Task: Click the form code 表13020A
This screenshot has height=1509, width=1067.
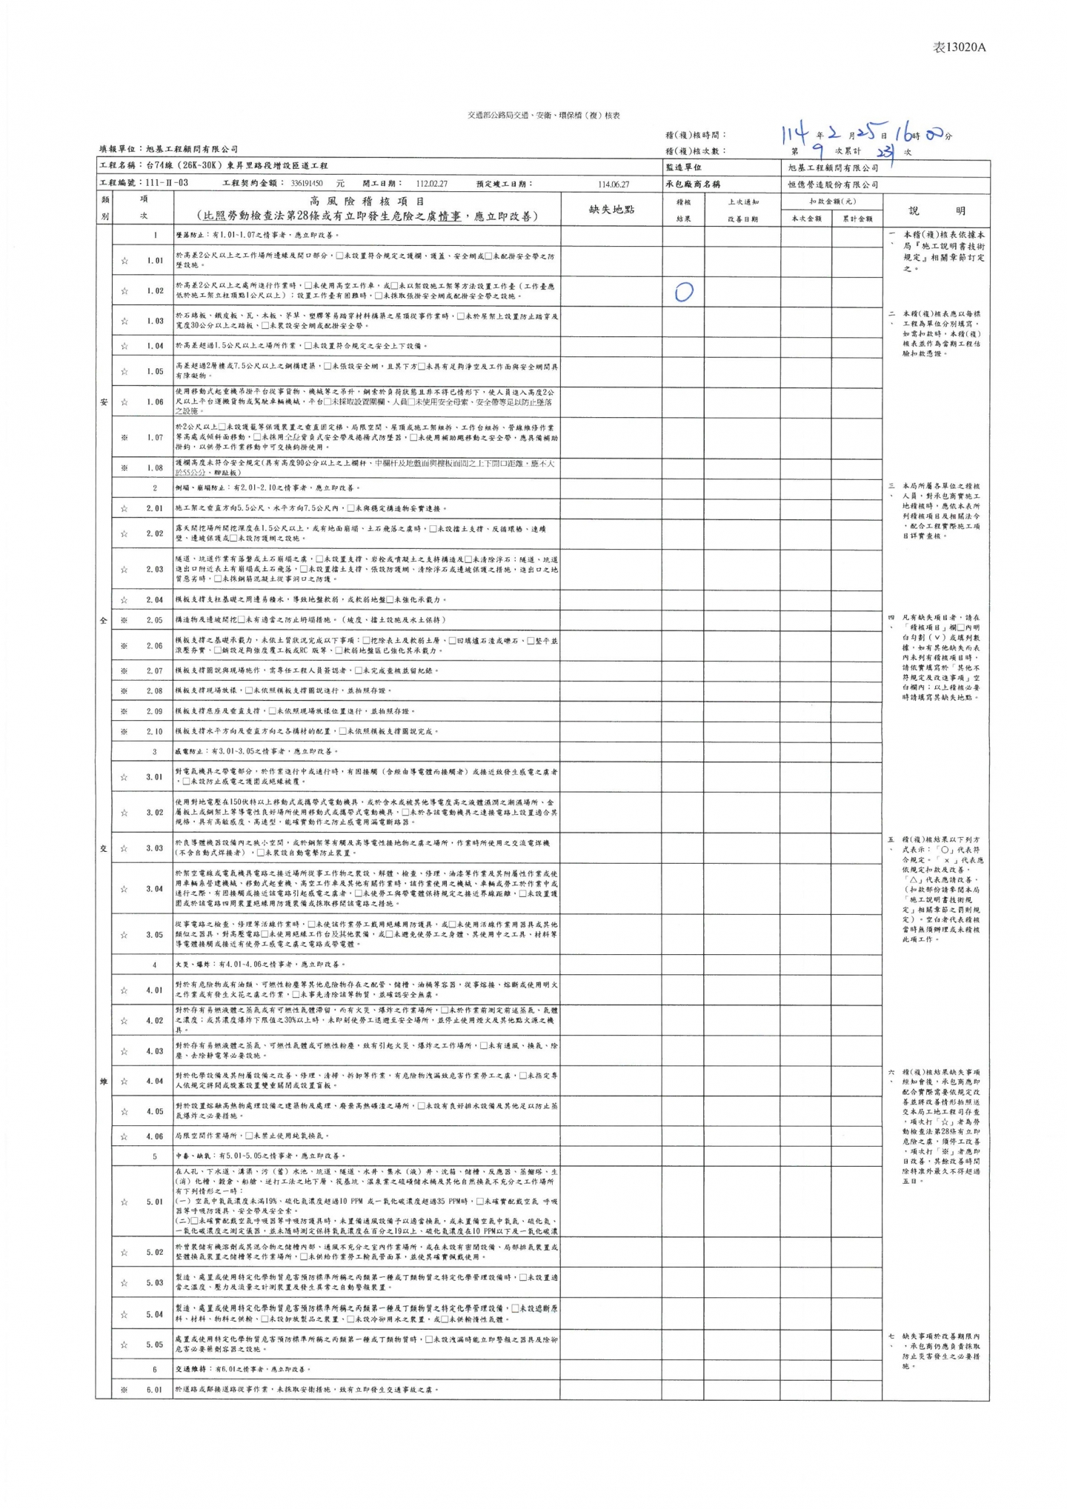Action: [959, 47]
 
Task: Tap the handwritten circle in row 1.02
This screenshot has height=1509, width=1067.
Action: [683, 293]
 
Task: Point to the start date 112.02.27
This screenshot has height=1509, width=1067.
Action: [432, 184]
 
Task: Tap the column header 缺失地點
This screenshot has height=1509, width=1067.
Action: [611, 210]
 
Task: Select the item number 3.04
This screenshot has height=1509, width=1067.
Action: [154, 888]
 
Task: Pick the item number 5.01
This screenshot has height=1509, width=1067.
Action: [154, 1202]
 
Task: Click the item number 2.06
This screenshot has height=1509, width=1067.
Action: [154, 646]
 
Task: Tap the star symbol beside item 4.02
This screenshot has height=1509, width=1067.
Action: [124, 1021]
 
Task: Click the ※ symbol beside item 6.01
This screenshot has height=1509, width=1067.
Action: [124, 1390]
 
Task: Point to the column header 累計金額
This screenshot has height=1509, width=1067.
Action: [857, 219]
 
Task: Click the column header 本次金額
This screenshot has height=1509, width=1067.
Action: [806, 219]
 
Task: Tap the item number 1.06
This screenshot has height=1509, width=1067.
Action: [154, 402]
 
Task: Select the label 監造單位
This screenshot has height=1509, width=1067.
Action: [683, 167]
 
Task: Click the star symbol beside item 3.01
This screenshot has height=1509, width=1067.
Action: [124, 777]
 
